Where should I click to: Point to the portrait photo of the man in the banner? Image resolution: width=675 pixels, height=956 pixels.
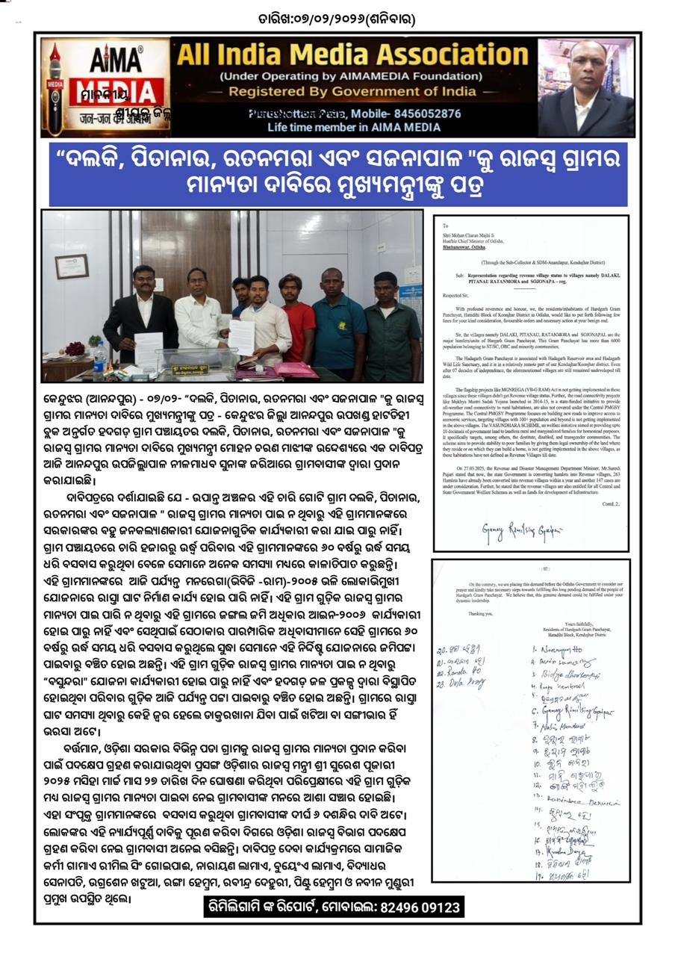(585, 88)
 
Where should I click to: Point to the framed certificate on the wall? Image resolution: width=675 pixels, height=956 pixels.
(72, 266)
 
